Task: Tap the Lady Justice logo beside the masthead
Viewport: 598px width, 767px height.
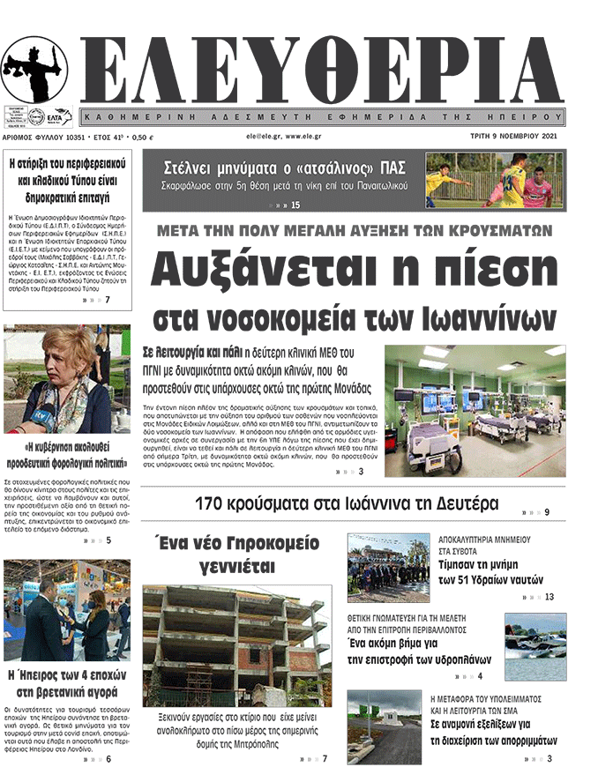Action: pyautogui.click(x=34, y=70)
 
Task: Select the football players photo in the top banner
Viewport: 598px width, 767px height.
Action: pyautogui.click(x=493, y=181)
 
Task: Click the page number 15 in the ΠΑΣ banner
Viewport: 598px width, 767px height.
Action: pyautogui.click(x=295, y=205)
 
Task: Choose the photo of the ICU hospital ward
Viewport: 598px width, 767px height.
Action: pyautogui.click(x=475, y=405)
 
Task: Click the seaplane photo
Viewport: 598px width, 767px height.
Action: pyautogui.click(x=535, y=646)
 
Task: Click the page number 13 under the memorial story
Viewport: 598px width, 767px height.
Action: pyautogui.click(x=549, y=597)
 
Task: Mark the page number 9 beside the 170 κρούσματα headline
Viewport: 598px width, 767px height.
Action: pyautogui.click(x=547, y=512)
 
